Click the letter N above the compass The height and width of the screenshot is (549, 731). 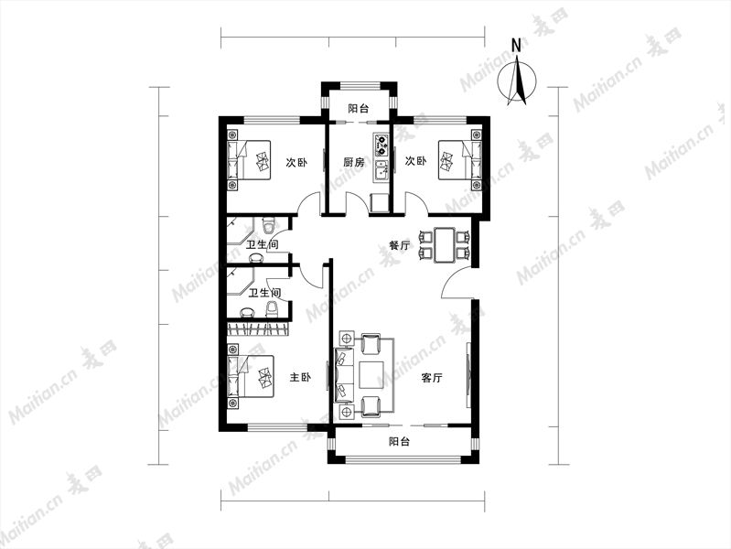(516, 46)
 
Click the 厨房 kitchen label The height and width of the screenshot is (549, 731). (354, 162)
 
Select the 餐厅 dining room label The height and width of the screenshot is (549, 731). (400, 245)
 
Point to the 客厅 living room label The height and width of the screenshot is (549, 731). (432, 378)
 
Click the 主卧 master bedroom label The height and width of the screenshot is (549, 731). (300, 377)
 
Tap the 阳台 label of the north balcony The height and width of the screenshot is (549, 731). (359, 109)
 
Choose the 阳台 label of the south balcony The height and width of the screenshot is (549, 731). (400, 441)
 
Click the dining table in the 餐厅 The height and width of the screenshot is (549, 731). (445, 245)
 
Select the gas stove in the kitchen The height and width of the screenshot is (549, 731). (382, 145)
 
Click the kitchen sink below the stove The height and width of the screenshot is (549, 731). (382, 170)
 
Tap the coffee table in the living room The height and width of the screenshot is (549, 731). (371, 375)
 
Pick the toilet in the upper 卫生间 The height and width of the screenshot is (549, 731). (268, 225)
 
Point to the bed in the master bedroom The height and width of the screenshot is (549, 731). (250, 376)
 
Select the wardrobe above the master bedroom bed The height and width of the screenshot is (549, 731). (259, 328)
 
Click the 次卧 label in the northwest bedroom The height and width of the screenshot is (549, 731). (296, 162)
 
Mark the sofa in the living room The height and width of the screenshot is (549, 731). (344, 375)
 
